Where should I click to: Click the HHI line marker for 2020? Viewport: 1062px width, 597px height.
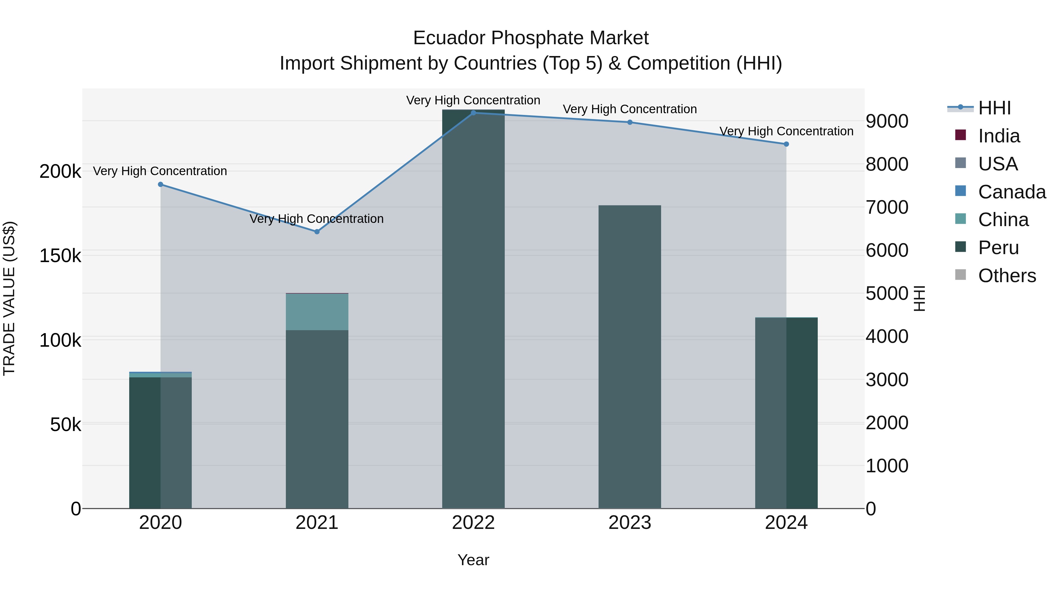point(160,185)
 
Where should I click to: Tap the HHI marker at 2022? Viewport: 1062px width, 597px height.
point(473,113)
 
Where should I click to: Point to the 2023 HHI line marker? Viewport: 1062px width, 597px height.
point(630,122)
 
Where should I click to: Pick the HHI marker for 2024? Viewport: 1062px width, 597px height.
point(786,144)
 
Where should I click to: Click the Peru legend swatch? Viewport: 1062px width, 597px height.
point(961,247)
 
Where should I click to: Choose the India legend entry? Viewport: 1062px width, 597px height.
point(999,136)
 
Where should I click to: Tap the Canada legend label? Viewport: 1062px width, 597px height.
point(1012,192)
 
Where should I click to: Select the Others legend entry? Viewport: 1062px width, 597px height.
point(1007,276)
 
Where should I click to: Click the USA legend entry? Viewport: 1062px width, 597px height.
point(998,164)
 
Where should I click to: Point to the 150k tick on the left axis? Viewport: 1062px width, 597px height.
point(60,256)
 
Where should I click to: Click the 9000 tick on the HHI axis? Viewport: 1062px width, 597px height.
point(887,121)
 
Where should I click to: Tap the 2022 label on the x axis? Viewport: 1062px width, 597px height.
point(473,523)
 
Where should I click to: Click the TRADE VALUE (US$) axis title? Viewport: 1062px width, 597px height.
point(9,298)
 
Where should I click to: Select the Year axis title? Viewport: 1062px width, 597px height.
point(473,560)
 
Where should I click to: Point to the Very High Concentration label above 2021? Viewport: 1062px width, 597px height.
point(317,219)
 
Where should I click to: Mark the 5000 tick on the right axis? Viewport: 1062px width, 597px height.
point(887,293)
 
